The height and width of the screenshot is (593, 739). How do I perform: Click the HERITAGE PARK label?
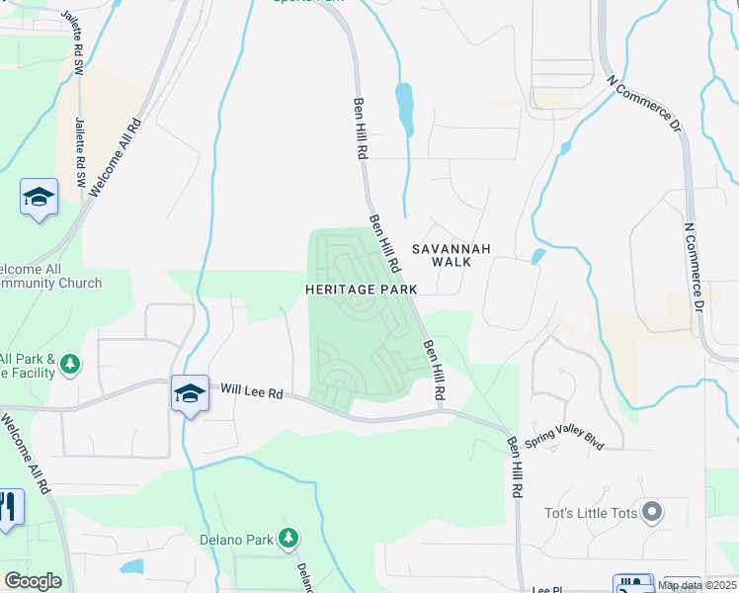(x=362, y=289)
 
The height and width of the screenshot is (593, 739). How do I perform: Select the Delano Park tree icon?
(x=288, y=539)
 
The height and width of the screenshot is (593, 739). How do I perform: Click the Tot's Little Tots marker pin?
(x=651, y=512)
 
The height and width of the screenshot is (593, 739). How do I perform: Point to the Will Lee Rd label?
(x=251, y=392)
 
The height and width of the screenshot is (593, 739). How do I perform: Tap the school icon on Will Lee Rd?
(x=189, y=393)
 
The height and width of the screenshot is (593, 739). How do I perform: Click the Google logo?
(x=33, y=581)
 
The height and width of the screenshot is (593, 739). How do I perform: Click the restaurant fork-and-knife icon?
(x=8, y=508)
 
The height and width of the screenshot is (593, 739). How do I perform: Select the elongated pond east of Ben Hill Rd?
(x=404, y=109)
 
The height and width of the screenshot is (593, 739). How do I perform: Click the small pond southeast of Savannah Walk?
(x=537, y=257)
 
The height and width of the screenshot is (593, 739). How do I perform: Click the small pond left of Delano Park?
(x=131, y=567)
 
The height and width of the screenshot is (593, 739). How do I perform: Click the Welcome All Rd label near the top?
(x=117, y=158)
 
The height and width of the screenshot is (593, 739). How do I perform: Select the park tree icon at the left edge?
(x=69, y=365)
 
